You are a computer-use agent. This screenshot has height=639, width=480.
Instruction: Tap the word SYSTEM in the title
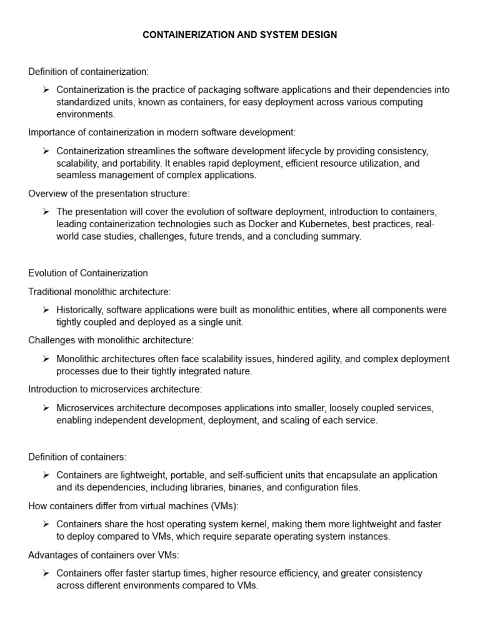(x=280, y=35)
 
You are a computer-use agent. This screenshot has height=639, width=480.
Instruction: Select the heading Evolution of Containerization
(x=88, y=273)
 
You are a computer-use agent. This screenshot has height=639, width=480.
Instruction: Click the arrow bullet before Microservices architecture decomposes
(x=46, y=408)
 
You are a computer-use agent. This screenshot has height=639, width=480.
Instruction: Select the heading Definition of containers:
(x=77, y=457)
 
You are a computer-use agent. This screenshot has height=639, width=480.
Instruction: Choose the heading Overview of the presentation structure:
(x=109, y=193)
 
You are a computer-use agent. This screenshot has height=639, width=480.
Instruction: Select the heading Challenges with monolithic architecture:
(x=111, y=340)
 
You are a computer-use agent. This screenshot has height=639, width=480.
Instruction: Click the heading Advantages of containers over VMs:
(x=104, y=555)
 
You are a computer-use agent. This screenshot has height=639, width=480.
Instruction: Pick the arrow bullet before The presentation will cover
(x=46, y=212)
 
